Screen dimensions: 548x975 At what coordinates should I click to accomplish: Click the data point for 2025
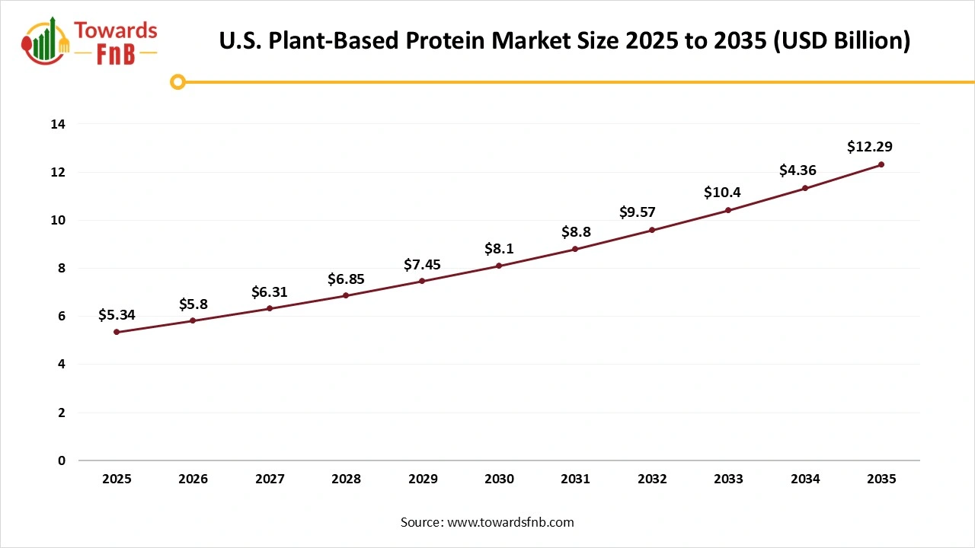click(x=117, y=332)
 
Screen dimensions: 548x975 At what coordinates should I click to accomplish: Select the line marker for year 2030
click(x=499, y=266)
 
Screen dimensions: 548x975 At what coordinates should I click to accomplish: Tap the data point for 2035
click(x=881, y=164)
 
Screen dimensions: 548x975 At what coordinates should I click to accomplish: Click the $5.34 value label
click(x=117, y=315)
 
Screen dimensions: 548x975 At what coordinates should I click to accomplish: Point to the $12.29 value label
click(x=869, y=147)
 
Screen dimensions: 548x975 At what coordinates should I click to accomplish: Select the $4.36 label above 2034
click(x=798, y=170)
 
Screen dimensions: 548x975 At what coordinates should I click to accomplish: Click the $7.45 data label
click(x=422, y=264)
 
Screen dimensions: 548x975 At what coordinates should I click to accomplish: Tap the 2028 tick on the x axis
click(x=346, y=479)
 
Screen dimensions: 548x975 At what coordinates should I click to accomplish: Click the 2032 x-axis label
click(x=652, y=479)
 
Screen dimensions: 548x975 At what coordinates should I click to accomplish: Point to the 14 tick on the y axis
click(x=59, y=124)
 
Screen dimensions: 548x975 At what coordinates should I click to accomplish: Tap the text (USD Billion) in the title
click(x=842, y=40)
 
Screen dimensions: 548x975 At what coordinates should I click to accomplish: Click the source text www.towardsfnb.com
click(x=510, y=522)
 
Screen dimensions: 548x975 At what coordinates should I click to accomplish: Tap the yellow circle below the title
click(x=177, y=81)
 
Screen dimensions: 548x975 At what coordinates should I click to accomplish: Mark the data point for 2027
click(x=270, y=308)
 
